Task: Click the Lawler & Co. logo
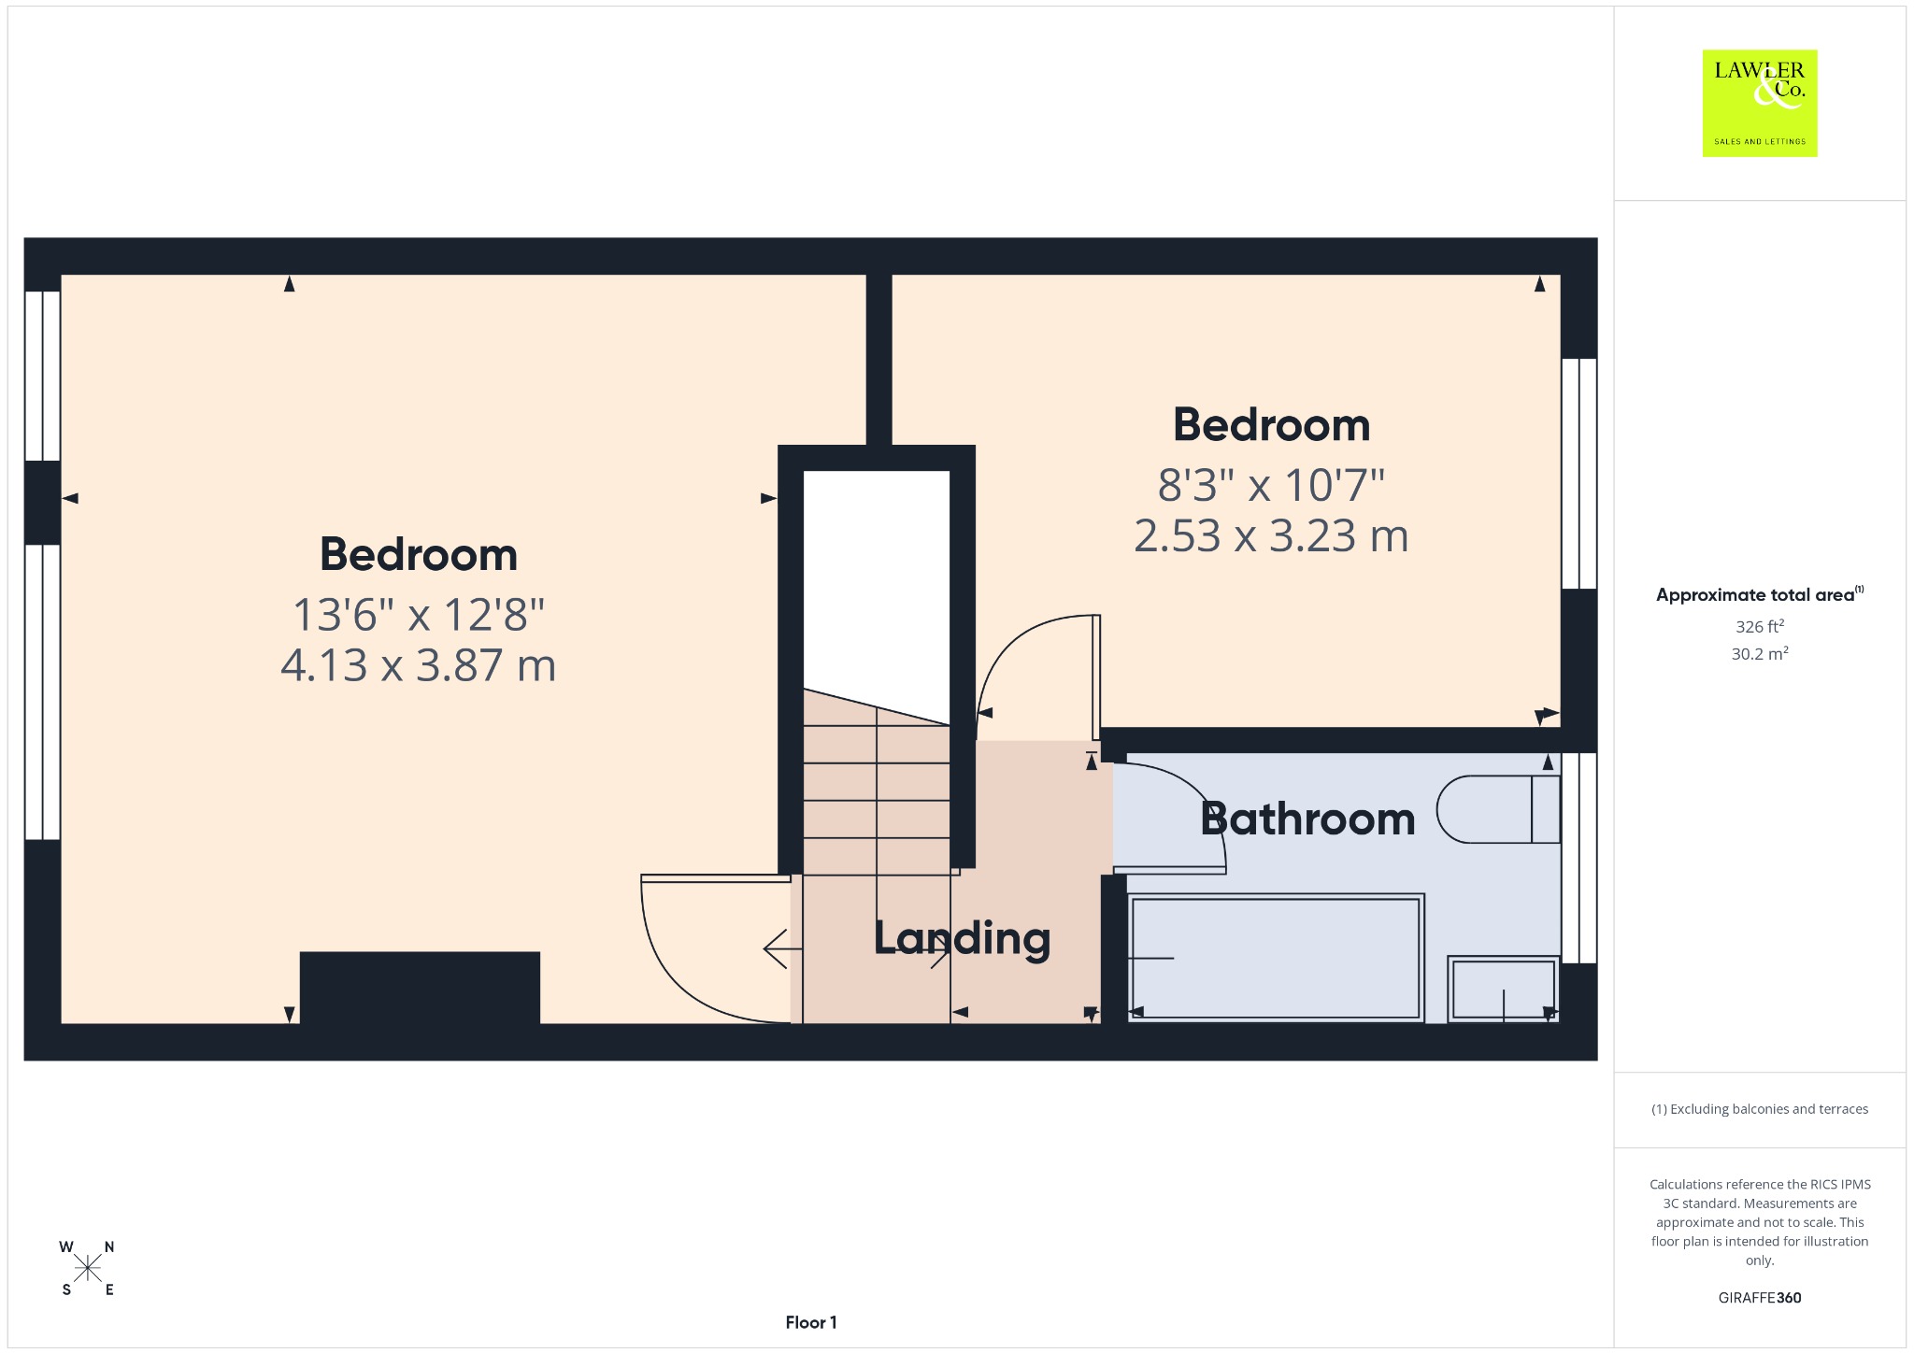(x=1759, y=103)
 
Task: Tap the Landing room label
(x=962, y=938)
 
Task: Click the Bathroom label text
(x=1307, y=819)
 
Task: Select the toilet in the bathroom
(x=1498, y=809)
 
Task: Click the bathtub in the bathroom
(x=1276, y=958)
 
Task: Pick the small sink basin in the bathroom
(x=1503, y=989)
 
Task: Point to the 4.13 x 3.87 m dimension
(x=419, y=665)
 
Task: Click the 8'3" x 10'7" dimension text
(x=1271, y=485)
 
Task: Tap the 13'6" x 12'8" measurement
(x=419, y=615)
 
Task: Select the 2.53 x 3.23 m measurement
(x=1271, y=535)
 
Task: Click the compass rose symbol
(x=88, y=1268)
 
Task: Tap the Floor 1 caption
(x=811, y=1322)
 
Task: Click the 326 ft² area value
(x=1760, y=626)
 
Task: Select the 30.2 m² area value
(x=1760, y=653)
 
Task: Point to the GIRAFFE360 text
(x=1760, y=1297)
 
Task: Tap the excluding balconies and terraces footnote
(x=1760, y=1109)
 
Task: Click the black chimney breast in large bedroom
(x=420, y=988)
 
